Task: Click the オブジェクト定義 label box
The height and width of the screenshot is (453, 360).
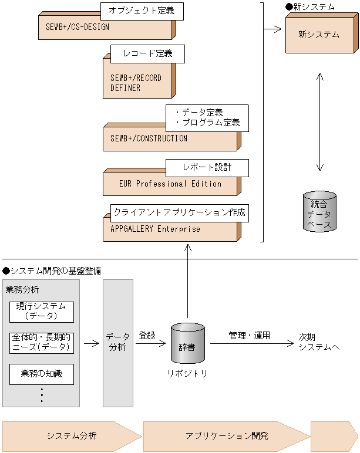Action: (x=142, y=11)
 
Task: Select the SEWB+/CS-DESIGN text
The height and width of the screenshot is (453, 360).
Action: (x=78, y=27)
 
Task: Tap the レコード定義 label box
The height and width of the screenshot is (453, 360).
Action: (x=147, y=54)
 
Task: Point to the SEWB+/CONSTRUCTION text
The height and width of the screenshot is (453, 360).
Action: (x=149, y=138)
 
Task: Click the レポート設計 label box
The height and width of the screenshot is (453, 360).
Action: (x=207, y=168)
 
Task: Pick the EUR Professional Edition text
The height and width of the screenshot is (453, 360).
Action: (x=170, y=184)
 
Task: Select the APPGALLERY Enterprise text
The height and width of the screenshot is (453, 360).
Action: (x=155, y=229)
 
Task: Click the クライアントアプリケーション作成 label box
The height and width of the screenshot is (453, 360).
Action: (x=180, y=213)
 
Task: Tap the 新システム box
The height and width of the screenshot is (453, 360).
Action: (x=322, y=33)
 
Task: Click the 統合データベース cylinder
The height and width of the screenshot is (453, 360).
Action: (x=319, y=211)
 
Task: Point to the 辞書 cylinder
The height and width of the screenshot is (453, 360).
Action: (x=188, y=343)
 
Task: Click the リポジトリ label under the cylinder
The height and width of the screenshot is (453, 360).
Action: (x=187, y=374)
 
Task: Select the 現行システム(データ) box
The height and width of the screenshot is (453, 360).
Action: (x=42, y=312)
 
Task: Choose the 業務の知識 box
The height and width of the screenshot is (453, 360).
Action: (x=42, y=374)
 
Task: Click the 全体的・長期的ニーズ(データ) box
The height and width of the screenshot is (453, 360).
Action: (x=42, y=343)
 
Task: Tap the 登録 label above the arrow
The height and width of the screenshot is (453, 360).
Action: (x=147, y=336)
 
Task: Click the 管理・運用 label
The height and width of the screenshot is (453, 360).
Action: (x=249, y=336)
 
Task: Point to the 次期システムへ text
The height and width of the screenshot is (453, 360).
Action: (x=319, y=342)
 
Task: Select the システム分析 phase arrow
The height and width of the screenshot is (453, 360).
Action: (x=72, y=436)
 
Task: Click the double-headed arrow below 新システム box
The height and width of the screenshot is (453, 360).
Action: (x=320, y=122)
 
